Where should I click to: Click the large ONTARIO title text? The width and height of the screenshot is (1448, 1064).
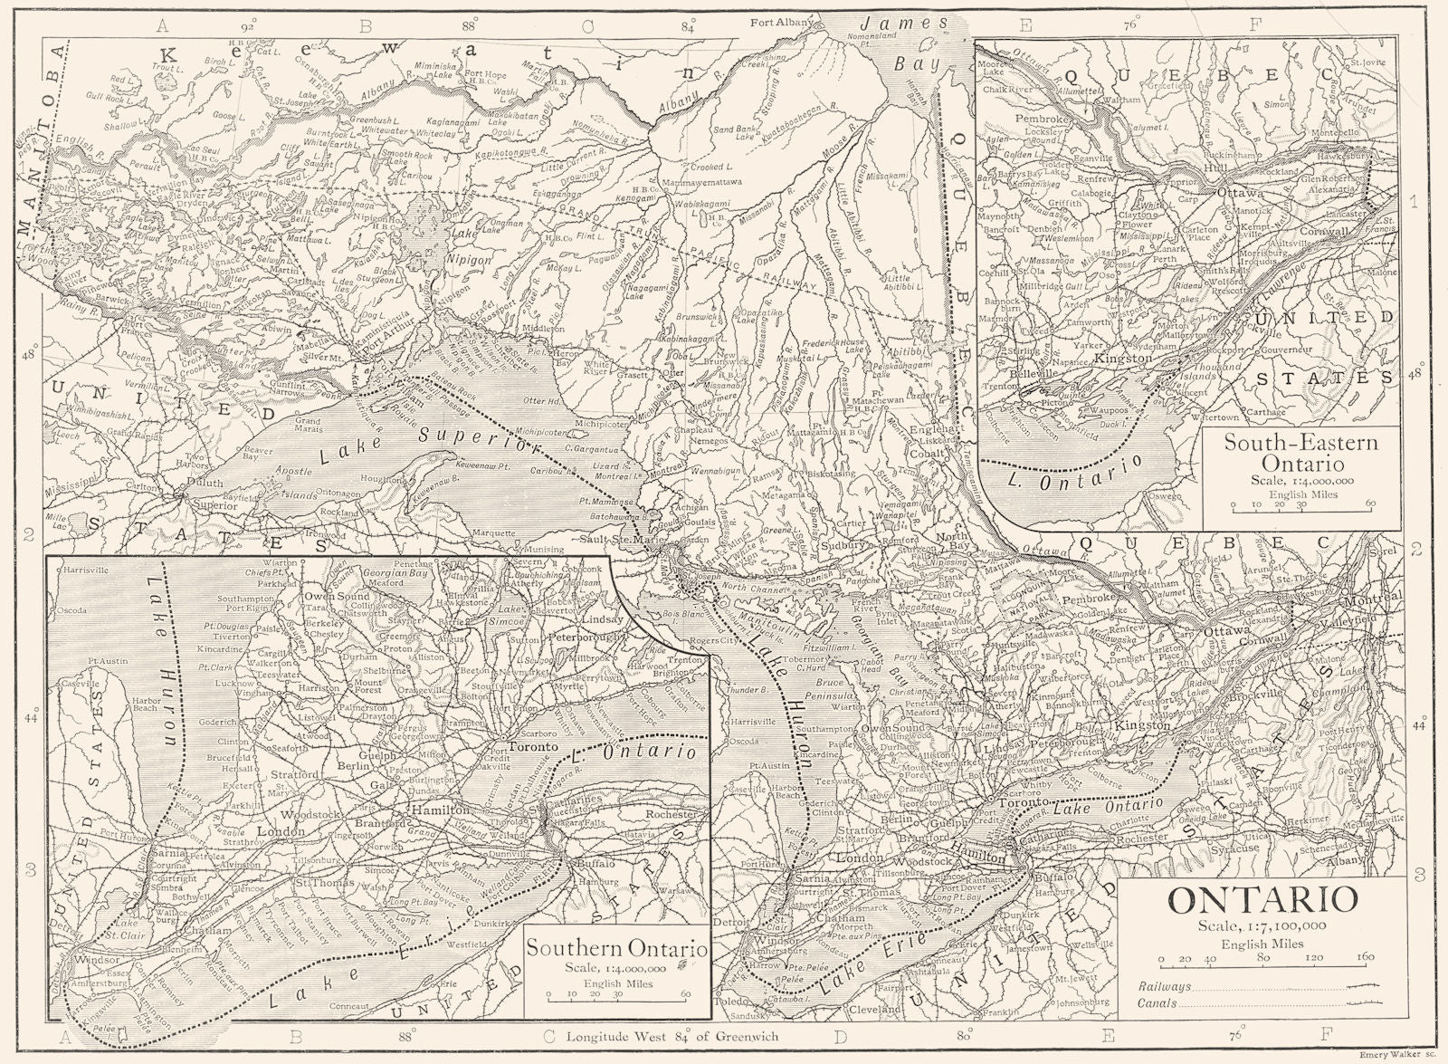pos(1262,900)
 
